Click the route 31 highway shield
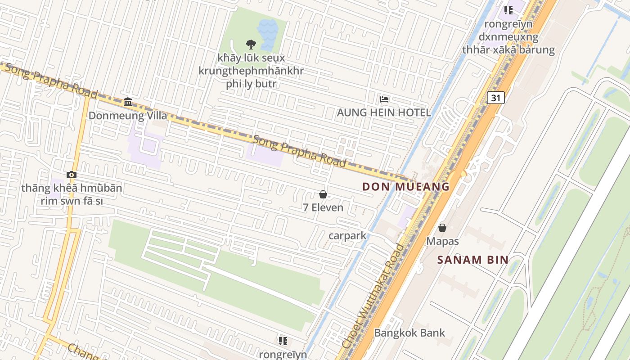tap(495, 98)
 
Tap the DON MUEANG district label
tap(406, 186)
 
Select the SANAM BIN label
tap(473, 260)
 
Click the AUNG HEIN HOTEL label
tap(384, 112)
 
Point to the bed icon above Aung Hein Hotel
tap(384, 99)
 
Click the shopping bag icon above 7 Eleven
tap(323, 194)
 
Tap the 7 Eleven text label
tap(323, 207)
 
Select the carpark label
tap(347, 235)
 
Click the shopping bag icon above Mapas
tap(442, 228)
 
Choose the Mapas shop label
tap(442, 241)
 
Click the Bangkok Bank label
tap(409, 333)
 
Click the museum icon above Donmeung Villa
tap(128, 102)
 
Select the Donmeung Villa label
tap(128, 116)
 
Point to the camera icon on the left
tap(72, 175)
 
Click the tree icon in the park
tap(251, 44)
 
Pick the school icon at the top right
tap(508, 10)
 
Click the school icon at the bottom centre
tap(283, 341)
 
